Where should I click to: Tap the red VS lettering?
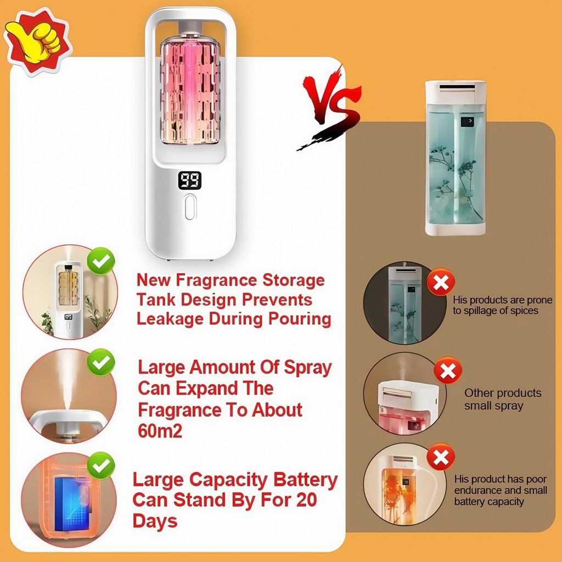tap(330, 108)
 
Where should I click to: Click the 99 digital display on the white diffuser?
tap(189, 180)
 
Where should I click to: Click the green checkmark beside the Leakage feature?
tap(101, 261)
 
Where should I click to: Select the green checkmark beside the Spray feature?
tap(101, 362)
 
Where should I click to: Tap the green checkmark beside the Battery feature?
tap(101, 465)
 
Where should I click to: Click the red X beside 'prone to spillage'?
tap(441, 282)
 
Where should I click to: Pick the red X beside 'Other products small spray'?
tap(448, 370)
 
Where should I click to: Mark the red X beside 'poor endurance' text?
tap(441, 457)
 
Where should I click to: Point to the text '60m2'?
tap(160, 431)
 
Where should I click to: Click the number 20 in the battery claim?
tap(306, 499)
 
